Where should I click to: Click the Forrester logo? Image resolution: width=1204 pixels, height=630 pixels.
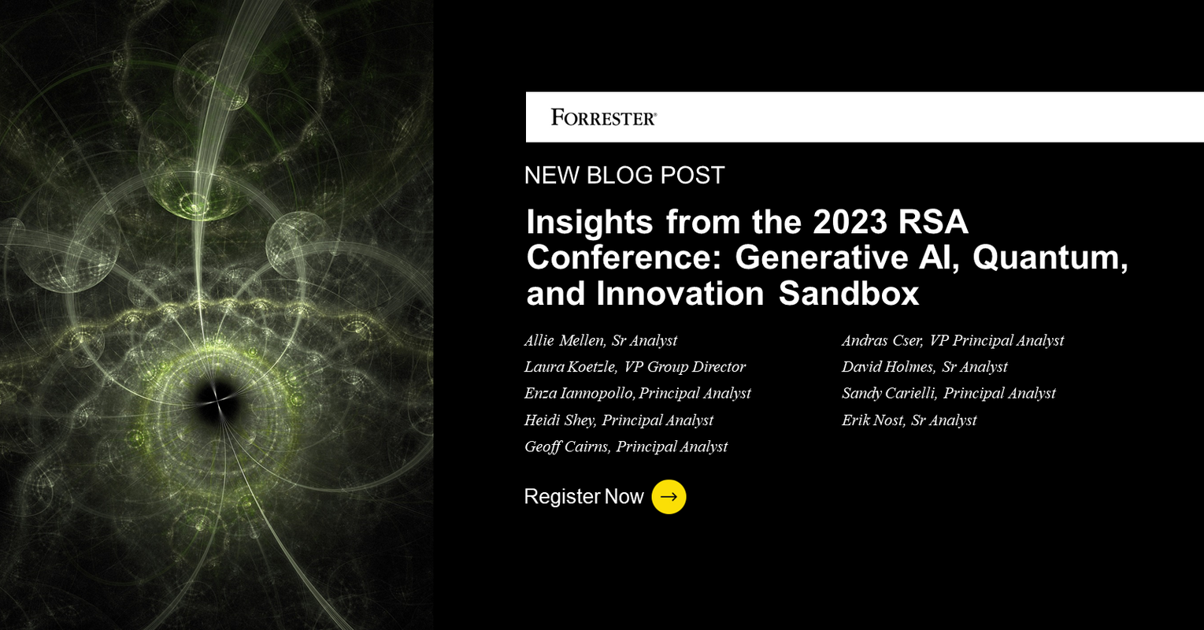(604, 118)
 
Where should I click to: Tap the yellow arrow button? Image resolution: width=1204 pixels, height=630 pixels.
(669, 497)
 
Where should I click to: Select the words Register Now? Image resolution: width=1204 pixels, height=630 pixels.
(583, 497)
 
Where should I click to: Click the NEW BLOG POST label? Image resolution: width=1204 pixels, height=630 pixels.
(624, 175)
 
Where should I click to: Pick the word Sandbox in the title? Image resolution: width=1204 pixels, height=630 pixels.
(849, 294)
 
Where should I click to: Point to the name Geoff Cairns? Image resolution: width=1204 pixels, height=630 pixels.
(566, 447)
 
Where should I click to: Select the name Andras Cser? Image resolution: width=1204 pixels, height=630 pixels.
(881, 340)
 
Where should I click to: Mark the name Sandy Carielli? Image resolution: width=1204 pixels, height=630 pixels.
(888, 393)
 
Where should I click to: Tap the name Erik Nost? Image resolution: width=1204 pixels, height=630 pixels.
(872, 420)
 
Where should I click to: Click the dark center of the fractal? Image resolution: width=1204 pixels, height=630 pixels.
(215, 398)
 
